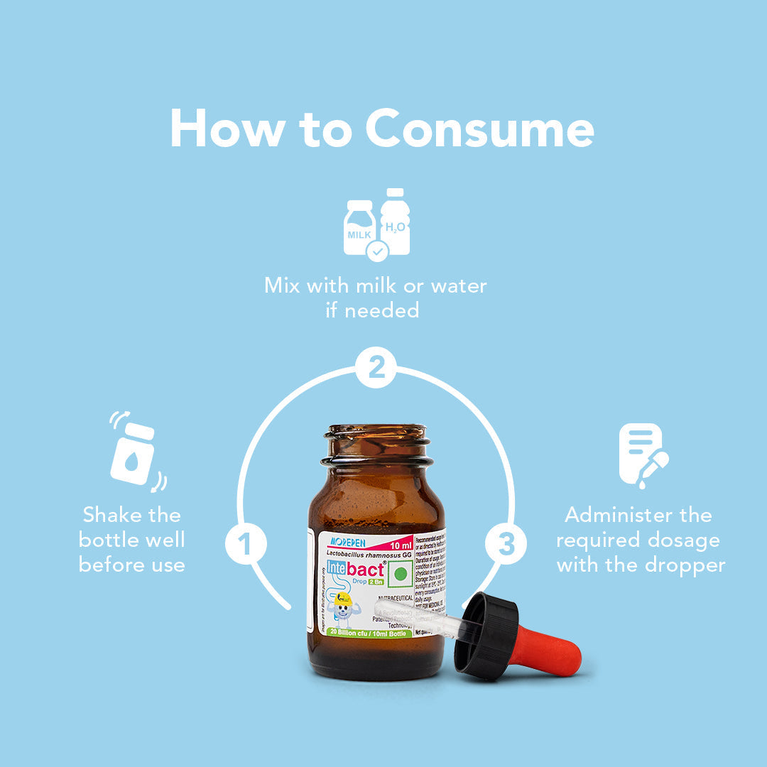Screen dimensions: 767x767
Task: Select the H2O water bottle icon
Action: [395, 222]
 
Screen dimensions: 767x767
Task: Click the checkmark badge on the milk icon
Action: [377, 250]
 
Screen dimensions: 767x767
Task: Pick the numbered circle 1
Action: [246, 545]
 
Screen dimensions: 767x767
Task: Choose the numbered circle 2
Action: [376, 368]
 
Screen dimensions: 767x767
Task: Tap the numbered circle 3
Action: [506, 545]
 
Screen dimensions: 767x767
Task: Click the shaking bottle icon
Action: [134, 453]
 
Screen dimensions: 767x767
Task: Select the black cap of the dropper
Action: [486, 636]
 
